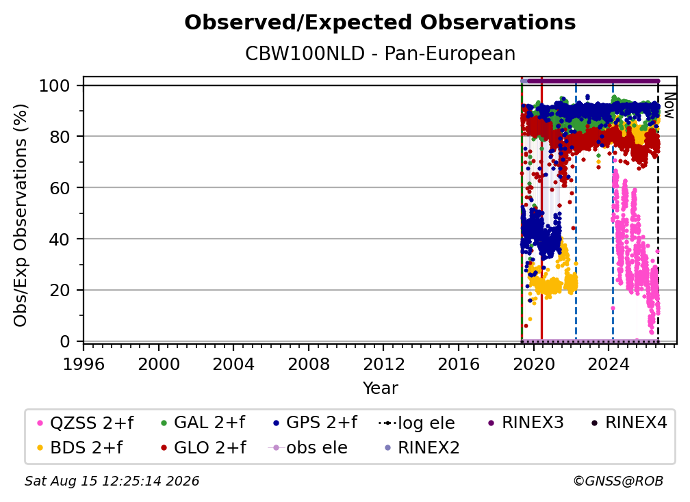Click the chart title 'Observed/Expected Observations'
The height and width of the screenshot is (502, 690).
click(380, 23)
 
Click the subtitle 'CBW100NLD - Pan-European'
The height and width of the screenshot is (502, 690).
click(380, 53)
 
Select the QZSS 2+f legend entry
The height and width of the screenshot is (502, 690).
click(86, 423)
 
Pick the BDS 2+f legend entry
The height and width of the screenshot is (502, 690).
click(79, 448)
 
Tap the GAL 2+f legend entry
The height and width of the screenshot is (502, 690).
click(203, 423)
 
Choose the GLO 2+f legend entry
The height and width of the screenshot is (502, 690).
click(204, 448)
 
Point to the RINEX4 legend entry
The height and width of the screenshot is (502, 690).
click(629, 423)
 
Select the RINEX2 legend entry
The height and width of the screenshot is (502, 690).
click(422, 448)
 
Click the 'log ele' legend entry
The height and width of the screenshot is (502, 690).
click(416, 423)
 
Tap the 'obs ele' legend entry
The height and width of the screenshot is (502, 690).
click(308, 448)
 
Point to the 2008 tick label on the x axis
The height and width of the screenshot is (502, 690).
click(309, 365)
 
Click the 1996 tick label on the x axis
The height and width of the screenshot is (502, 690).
click(84, 365)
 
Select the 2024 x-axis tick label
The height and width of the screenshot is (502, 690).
click(609, 365)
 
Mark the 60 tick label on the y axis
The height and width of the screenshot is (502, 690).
click(60, 188)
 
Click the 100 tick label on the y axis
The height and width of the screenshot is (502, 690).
click(55, 85)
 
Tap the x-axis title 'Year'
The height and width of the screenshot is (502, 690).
click(380, 388)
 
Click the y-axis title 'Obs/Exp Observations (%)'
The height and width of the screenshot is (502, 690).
click(21, 215)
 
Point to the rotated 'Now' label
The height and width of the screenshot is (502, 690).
click(669, 105)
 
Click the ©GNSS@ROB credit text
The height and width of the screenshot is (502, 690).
click(618, 481)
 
